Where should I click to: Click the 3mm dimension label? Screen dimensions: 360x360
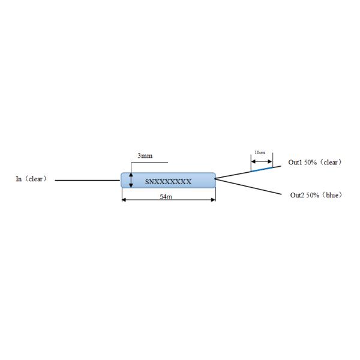click(145, 156)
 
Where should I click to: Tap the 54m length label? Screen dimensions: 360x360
click(166, 197)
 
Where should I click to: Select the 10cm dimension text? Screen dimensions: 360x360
click(260, 152)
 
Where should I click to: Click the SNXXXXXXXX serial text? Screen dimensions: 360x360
click(168, 182)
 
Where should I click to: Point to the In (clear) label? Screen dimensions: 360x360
click(31, 179)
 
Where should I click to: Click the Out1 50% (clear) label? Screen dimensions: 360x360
click(315, 163)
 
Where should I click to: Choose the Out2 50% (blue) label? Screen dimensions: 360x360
click(316, 195)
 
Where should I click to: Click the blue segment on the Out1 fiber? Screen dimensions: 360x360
click(262, 169)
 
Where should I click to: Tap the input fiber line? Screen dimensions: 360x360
click(88, 180)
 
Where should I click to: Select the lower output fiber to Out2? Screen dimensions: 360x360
click(248, 187)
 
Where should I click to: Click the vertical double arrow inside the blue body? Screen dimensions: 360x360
click(131, 181)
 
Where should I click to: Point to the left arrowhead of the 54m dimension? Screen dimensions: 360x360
click(124, 200)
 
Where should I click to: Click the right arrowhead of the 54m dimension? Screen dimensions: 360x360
click(213, 200)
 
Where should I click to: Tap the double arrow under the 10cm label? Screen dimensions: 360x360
click(262, 161)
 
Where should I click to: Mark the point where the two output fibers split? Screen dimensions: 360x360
click(215, 178)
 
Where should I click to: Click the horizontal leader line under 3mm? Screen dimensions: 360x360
click(149, 163)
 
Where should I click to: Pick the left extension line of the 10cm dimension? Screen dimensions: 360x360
click(251, 163)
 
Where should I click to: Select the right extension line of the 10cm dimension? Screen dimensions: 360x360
click(273, 160)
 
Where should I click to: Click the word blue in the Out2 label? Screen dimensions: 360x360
click(332, 195)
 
